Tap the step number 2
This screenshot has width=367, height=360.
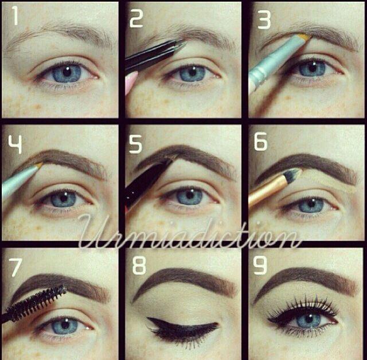[136, 18]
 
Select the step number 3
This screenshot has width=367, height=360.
[264, 18]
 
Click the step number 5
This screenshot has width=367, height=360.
[136, 144]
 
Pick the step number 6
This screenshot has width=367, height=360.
[261, 142]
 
